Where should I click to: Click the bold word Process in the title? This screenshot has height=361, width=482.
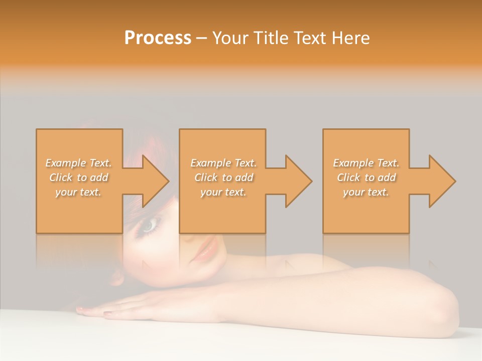(158, 38)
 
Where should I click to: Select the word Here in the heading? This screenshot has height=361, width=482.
(351, 38)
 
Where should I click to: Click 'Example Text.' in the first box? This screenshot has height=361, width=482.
(78, 163)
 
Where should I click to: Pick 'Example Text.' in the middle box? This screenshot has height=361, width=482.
(223, 163)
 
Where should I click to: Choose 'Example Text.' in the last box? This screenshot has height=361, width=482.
(366, 163)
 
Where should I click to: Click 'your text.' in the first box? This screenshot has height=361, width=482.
(78, 192)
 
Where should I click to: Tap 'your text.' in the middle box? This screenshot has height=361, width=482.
(223, 192)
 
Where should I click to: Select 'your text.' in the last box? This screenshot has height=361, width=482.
(366, 192)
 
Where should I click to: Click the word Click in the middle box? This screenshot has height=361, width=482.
(205, 177)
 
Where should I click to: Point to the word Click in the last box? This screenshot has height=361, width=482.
(348, 177)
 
